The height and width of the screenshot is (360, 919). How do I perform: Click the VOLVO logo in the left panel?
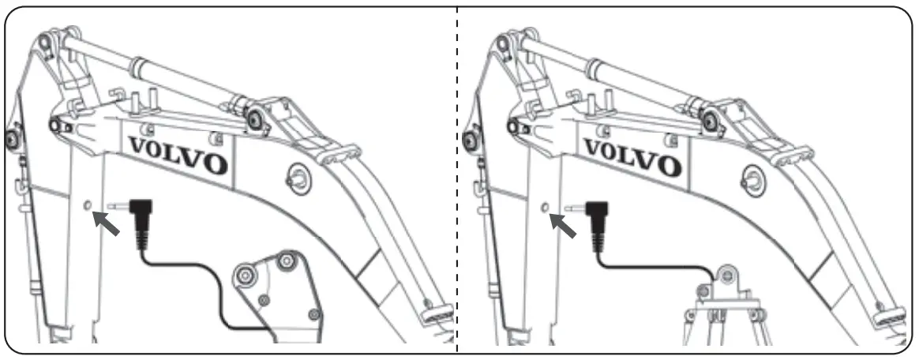tap(178, 154)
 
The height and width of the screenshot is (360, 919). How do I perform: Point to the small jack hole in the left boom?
tap(89, 206)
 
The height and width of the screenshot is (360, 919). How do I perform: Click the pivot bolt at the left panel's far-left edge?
tap(11, 140)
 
